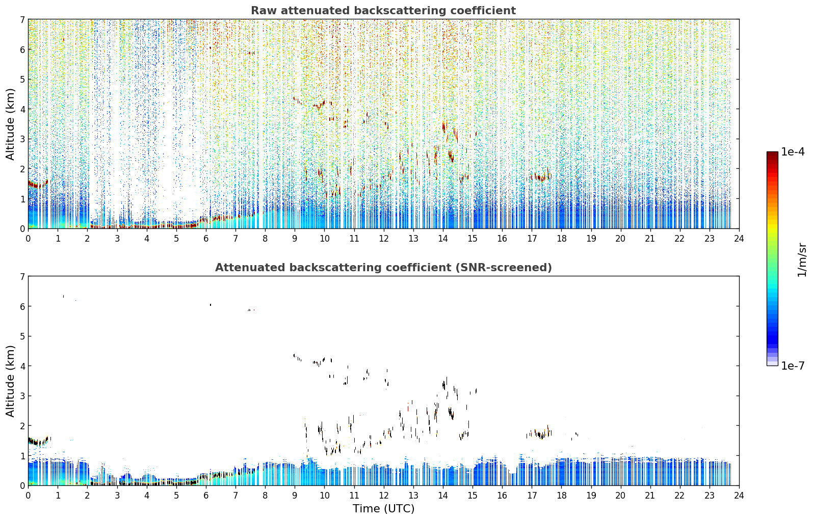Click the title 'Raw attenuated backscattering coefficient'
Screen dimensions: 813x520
click(x=383, y=11)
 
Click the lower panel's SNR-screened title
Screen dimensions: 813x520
click(x=383, y=267)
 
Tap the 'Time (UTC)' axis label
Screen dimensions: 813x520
click(x=383, y=508)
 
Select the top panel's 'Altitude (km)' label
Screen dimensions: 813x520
click(x=10, y=124)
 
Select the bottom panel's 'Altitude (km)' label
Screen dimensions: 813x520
click(x=10, y=381)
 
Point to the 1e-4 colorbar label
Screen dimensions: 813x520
click(x=793, y=152)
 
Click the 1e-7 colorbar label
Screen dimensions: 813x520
click(x=793, y=366)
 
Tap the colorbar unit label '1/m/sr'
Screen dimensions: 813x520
click(x=802, y=260)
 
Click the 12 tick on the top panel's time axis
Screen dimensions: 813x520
click(x=384, y=239)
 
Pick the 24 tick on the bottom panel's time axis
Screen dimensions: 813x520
click(x=739, y=496)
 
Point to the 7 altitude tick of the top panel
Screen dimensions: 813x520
click(x=22, y=19)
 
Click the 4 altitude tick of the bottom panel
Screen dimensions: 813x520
click(x=22, y=366)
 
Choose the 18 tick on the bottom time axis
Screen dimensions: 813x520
click(x=562, y=496)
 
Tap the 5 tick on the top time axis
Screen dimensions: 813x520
click(x=176, y=239)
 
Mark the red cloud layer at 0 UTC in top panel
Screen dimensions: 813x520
click(x=38, y=184)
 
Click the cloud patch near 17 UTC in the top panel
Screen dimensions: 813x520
click(x=539, y=177)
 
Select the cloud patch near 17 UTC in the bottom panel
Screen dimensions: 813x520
click(x=539, y=433)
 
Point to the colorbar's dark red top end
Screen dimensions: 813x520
click(x=772, y=153)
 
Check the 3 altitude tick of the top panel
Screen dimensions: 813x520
click(x=22, y=139)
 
